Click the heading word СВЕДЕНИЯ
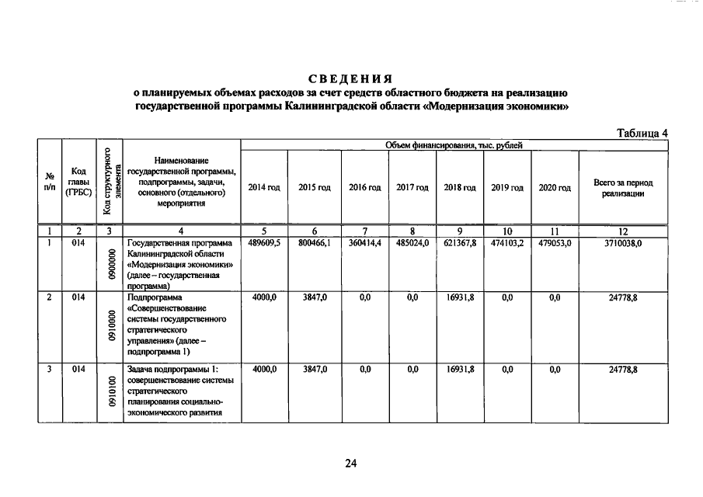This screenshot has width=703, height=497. [x=350, y=78]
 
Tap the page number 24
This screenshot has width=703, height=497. [x=350, y=464]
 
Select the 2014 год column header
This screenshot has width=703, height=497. [x=264, y=188]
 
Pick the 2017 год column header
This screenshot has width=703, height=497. [x=412, y=188]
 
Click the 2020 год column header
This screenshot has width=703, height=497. [x=555, y=188]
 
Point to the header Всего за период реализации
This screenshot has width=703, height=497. [x=623, y=188]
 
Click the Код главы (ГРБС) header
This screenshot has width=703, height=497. [x=78, y=182]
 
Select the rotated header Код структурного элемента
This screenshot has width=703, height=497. [x=109, y=182]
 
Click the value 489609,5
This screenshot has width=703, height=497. [x=264, y=243]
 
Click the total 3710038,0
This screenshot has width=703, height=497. [x=623, y=243]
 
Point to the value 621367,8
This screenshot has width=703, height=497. [x=461, y=243]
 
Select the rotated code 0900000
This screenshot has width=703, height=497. [x=111, y=265]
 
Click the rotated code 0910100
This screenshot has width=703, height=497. [x=111, y=394]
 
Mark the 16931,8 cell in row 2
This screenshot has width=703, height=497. [x=461, y=297]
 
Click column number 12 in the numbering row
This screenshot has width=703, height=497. [x=623, y=231]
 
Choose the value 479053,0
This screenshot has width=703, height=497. [x=555, y=243]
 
